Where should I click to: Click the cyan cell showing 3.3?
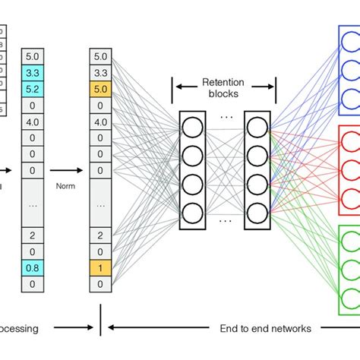pos(33,73)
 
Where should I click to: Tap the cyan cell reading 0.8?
pos(33,267)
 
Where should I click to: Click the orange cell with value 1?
pos(100,267)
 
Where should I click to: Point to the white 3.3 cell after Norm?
pos(100,73)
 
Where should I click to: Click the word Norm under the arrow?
pos(67,183)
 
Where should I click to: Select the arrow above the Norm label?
pos(67,171)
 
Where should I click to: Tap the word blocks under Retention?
pos(222,94)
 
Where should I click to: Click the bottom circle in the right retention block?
pos(257,213)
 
